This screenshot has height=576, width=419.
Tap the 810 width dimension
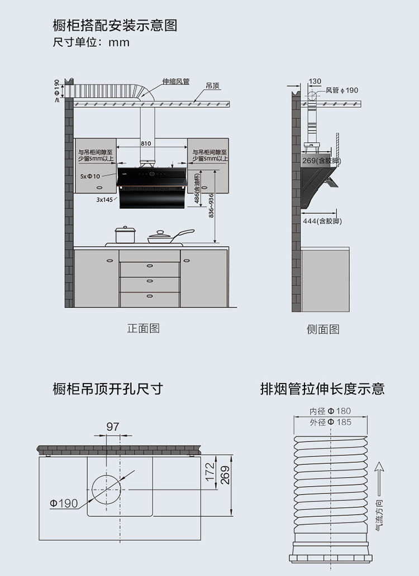[x=146, y=143]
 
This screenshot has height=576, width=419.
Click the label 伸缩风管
[x=176, y=81]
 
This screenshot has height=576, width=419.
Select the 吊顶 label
[x=212, y=86]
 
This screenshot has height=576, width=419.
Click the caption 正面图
[x=144, y=328]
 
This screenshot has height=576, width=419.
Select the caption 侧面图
[x=323, y=329]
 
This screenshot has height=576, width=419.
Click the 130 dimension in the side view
[x=315, y=81]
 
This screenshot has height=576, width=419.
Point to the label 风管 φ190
[x=342, y=90]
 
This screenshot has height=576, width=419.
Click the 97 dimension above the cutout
[x=113, y=427]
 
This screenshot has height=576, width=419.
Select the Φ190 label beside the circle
[x=64, y=503]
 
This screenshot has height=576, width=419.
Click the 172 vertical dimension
[x=209, y=472]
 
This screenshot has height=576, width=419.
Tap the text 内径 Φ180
[x=330, y=411]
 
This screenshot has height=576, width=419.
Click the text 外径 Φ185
[x=330, y=422]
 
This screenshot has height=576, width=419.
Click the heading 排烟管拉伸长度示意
[x=322, y=389]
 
